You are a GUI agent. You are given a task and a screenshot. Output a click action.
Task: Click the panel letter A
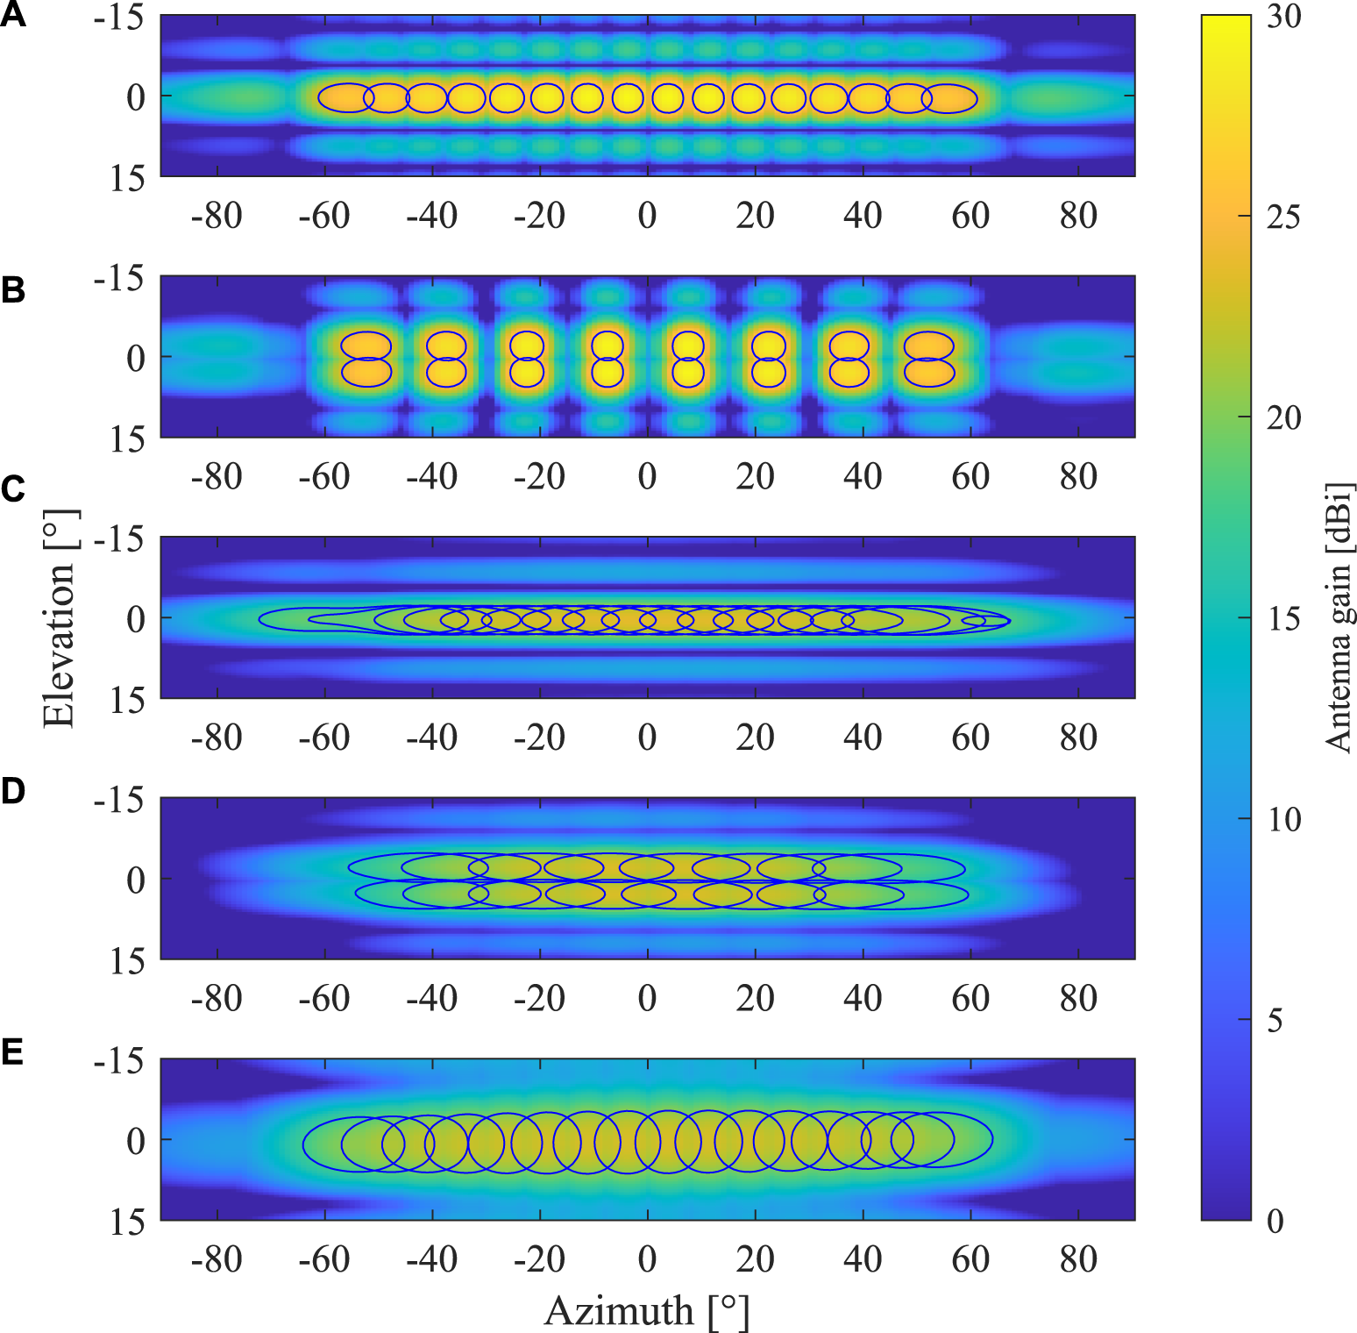click(x=12, y=15)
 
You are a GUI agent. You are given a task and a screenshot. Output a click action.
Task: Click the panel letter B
click(x=12, y=289)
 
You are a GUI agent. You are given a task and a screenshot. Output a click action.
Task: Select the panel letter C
click(x=12, y=488)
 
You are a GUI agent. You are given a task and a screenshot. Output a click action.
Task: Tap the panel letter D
click(x=12, y=791)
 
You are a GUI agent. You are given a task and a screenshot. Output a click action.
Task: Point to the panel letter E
click(x=12, y=1051)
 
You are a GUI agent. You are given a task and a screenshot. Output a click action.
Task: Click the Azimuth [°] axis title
click(x=647, y=1311)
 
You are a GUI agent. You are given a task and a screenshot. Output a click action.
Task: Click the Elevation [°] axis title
click(x=59, y=618)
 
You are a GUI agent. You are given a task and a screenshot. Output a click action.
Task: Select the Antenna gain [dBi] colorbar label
click(x=1339, y=617)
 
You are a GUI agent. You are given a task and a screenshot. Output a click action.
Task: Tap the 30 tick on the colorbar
click(x=1283, y=17)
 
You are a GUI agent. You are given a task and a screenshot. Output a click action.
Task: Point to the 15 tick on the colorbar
click(x=1283, y=619)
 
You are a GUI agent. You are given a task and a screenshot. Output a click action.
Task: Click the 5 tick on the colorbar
click(x=1275, y=1020)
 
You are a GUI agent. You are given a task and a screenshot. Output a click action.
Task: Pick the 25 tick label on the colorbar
click(x=1283, y=217)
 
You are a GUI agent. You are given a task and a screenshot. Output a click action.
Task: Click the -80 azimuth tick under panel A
click(x=216, y=216)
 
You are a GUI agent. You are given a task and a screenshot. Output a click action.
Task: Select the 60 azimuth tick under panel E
click(x=970, y=1260)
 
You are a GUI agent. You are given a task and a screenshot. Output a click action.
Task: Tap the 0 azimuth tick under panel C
click(x=647, y=738)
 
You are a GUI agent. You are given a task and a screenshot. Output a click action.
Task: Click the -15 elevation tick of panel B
click(x=118, y=279)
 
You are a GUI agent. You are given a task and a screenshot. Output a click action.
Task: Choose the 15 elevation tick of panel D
click(x=127, y=962)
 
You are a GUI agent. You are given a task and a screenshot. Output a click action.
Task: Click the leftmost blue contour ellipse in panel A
click(x=346, y=97)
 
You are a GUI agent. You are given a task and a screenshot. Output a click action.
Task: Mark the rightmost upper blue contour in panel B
click(x=928, y=344)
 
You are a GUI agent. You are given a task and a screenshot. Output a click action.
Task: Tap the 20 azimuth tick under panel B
click(x=755, y=477)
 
